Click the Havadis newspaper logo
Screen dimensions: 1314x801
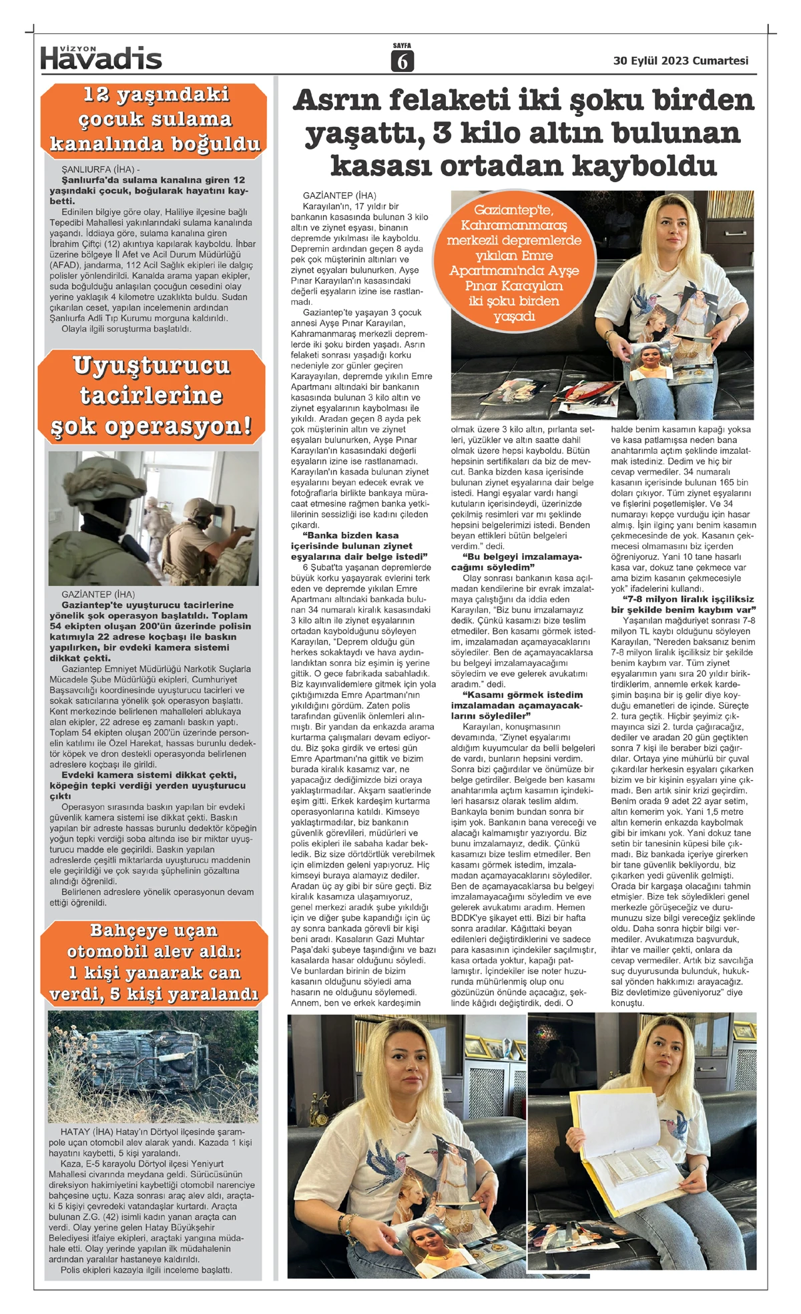pyautogui.click(x=101, y=58)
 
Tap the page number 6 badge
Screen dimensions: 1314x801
pyautogui.click(x=402, y=61)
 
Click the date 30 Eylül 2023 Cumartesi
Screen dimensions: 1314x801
pyautogui.click(x=680, y=61)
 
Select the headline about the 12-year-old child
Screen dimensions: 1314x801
pyautogui.click(x=154, y=119)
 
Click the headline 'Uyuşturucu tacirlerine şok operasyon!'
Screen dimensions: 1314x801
pyautogui.click(x=152, y=396)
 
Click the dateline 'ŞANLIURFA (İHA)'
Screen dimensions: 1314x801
pyautogui.click(x=100, y=170)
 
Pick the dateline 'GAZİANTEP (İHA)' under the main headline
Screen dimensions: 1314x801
pyautogui.click(x=339, y=196)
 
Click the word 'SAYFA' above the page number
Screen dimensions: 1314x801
pyautogui.click(x=402, y=46)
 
